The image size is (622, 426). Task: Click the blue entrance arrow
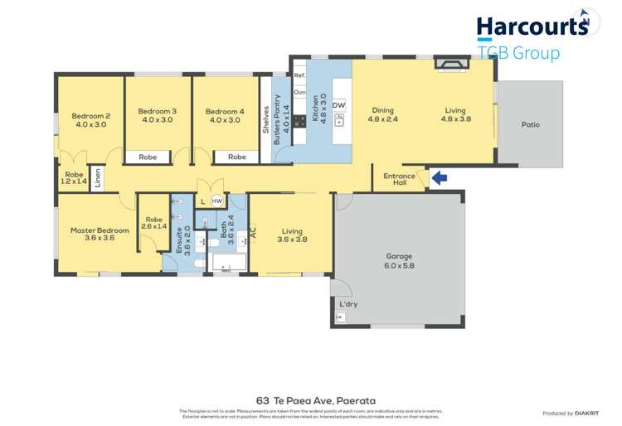(440, 177)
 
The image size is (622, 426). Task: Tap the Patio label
(530, 125)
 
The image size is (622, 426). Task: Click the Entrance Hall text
(399, 180)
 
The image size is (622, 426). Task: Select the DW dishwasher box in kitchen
(338, 106)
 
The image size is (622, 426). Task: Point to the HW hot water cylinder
(216, 201)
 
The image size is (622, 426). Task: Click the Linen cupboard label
(98, 177)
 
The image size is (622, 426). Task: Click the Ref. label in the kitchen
(299, 75)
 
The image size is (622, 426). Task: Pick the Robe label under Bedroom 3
(148, 157)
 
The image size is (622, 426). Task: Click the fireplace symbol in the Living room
(452, 64)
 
